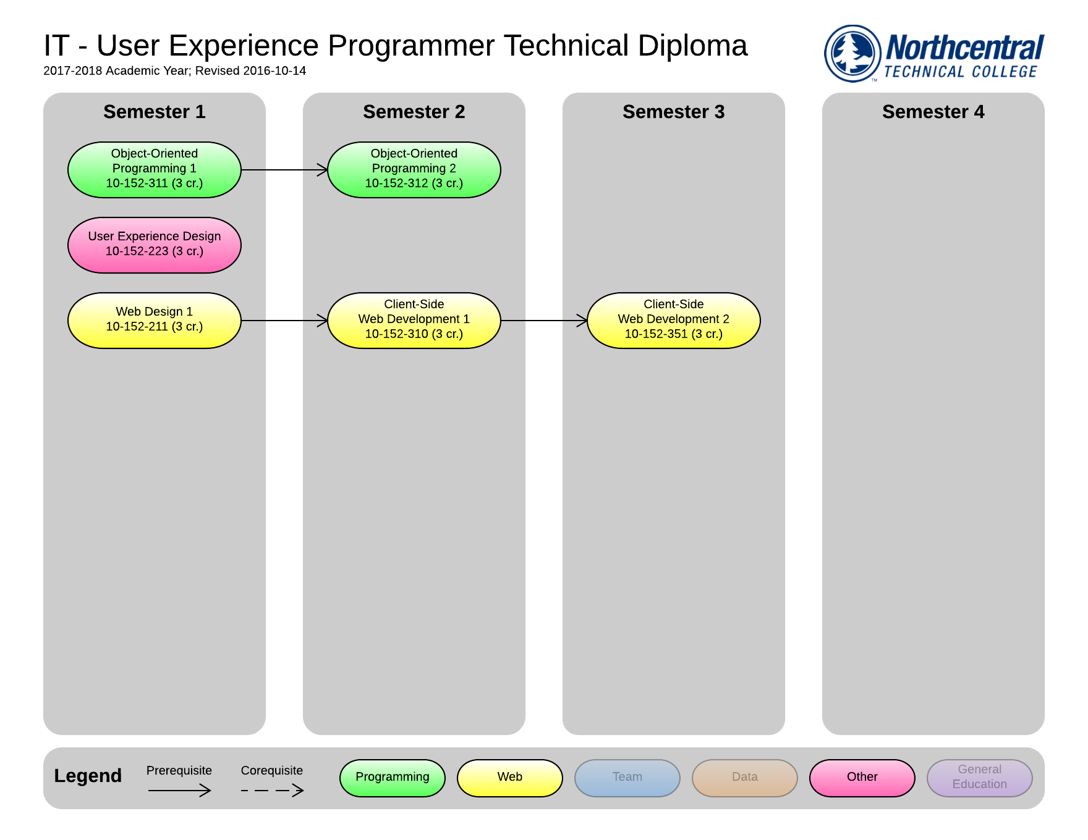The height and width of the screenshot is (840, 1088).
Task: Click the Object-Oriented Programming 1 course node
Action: click(x=155, y=170)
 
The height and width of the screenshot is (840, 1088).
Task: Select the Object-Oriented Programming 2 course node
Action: click(x=414, y=170)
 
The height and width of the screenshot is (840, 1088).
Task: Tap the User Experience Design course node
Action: click(x=155, y=245)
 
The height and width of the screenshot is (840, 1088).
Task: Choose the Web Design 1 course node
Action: click(x=155, y=321)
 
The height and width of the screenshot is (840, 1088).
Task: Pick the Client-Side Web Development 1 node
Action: click(x=414, y=321)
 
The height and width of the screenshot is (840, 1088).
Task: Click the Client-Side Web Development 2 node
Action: click(x=674, y=321)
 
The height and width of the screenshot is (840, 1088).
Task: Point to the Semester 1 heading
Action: click(x=155, y=112)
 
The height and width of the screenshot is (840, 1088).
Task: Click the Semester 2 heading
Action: click(x=414, y=112)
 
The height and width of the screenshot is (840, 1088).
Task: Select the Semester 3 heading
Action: click(x=674, y=112)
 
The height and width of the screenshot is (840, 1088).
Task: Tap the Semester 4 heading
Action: click(x=933, y=112)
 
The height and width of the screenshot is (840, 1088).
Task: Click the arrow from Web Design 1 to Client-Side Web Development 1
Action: click(x=284, y=321)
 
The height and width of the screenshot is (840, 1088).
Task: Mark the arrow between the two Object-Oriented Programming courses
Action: click(x=284, y=170)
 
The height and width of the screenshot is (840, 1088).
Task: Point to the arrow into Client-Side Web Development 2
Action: click(x=544, y=321)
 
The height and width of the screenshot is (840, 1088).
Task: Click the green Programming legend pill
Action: click(x=393, y=778)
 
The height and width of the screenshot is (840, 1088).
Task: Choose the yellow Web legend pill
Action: click(x=510, y=778)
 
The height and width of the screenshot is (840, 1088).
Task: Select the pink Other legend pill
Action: click(x=862, y=778)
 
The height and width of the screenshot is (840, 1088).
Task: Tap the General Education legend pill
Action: click(x=980, y=778)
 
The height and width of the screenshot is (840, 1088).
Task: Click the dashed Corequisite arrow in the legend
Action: click(x=272, y=790)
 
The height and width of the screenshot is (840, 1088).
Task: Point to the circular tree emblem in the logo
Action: click(x=852, y=54)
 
